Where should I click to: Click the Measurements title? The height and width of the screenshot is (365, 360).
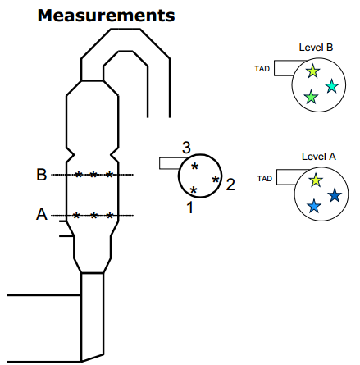tap(106, 16)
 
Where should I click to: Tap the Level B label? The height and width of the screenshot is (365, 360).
tap(316, 48)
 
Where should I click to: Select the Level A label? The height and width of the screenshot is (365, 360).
tap(319, 157)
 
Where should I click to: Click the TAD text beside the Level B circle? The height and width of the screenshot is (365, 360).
tap(262, 69)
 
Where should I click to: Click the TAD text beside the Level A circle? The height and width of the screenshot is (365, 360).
tap(265, 179)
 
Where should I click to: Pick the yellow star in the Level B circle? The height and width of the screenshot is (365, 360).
tap(312, 71)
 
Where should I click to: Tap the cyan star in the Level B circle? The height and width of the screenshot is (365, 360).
tap(332, 86)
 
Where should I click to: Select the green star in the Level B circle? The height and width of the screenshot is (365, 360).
tap(311, 97)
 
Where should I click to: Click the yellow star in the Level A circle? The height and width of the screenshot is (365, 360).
tap(316, 180)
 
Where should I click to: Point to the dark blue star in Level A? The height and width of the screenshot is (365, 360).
tap(335, 195)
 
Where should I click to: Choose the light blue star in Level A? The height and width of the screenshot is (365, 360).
tap(314, 206)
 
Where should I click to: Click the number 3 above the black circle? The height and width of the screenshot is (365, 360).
tap(186, 148)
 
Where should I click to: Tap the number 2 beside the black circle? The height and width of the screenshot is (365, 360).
tap(230, 185)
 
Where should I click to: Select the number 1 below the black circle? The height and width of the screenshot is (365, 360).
tap(190, 208)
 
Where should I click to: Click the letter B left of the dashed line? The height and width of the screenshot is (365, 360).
tap(42, 175)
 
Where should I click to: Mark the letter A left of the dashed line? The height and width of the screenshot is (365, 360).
tap(42, 214)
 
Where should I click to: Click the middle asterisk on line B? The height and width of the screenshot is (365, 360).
tap(93, 174)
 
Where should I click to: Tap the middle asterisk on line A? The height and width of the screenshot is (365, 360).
tap(93, 216)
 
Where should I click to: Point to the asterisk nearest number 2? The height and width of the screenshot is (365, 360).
tap(216, 180)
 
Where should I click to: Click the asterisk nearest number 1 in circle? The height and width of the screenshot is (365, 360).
tap(194, 189)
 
